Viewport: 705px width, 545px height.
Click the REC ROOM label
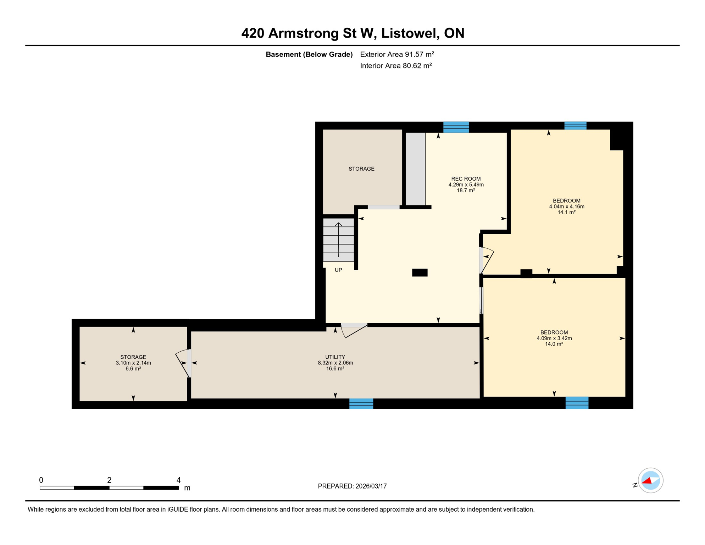click(466, 179)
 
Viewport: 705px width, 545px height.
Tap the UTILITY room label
click(335, 357)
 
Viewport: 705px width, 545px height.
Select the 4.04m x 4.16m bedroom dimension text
click(566, 207)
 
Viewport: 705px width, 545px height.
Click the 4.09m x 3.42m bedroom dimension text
click(554, 338)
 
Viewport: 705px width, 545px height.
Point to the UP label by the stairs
click(338, 270)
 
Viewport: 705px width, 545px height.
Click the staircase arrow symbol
click(339, 240)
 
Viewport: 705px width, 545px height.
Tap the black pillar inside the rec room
click(420, 272)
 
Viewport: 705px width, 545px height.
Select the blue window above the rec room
click(456, 127)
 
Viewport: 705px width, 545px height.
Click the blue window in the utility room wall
click(361, 403)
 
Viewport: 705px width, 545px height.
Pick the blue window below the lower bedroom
click(577, 403)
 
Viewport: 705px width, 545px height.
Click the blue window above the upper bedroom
click(575, 126)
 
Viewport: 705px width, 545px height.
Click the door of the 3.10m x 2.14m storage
click(183, 363)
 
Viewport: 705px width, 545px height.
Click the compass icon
click(650, 480)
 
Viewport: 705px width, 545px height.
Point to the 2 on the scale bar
click(109, 480)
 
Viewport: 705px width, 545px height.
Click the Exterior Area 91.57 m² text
click(397, 54)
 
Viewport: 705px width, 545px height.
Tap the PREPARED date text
click(352, 486)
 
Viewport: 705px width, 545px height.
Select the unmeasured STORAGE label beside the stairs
click(361, 169)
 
